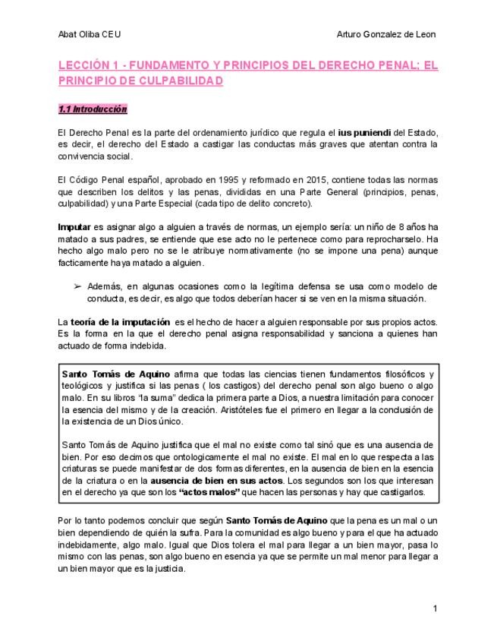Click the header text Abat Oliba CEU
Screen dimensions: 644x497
pos(89,35)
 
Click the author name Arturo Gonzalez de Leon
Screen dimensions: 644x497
pos(385,35)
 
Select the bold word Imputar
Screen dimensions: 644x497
pos(74,227)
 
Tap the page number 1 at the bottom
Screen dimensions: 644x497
pos(435,608)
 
